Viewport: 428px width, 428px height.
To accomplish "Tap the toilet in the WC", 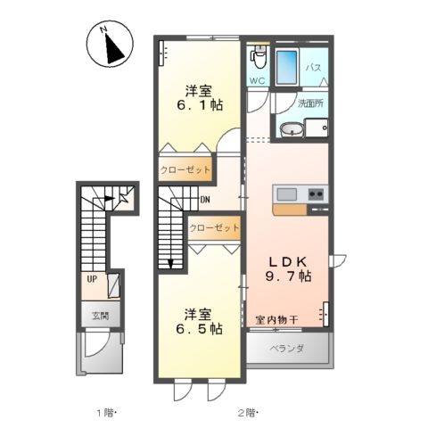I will [x=259, y=58].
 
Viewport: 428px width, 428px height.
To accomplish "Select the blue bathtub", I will [x=288, y=67].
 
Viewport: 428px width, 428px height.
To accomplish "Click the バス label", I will [x=315, y=67].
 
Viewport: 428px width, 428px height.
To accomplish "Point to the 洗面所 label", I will [x=311, y=103].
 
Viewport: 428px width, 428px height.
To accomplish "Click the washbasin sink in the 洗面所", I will [x=292, y=131].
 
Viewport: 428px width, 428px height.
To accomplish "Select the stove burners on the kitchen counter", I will [x=317, y=194].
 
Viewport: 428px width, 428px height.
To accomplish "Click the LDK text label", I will [x=290, y=260].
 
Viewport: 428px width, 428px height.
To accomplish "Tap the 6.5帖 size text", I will [x=198, y=328].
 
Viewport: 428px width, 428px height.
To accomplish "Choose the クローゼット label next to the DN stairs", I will [x=214, y=228].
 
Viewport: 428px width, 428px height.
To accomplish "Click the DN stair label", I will [x=204, y=200].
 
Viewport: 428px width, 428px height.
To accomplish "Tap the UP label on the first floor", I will [x=92, y=278].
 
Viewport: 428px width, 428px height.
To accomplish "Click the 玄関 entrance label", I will [x=99, y=315].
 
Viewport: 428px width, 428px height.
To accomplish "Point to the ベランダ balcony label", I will [x=288, y=349].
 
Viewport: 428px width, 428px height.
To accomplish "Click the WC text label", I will [x=257, y=81].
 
